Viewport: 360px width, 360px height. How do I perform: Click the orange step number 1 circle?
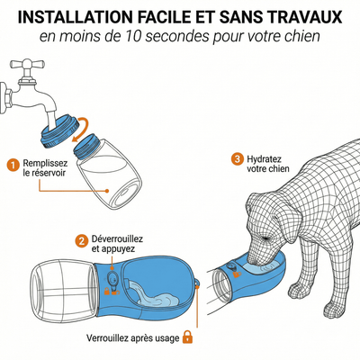12,165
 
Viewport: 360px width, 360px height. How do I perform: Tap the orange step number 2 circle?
81,241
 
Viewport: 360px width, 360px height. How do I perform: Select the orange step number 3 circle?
238,158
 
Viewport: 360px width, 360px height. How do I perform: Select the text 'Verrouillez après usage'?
131,337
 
